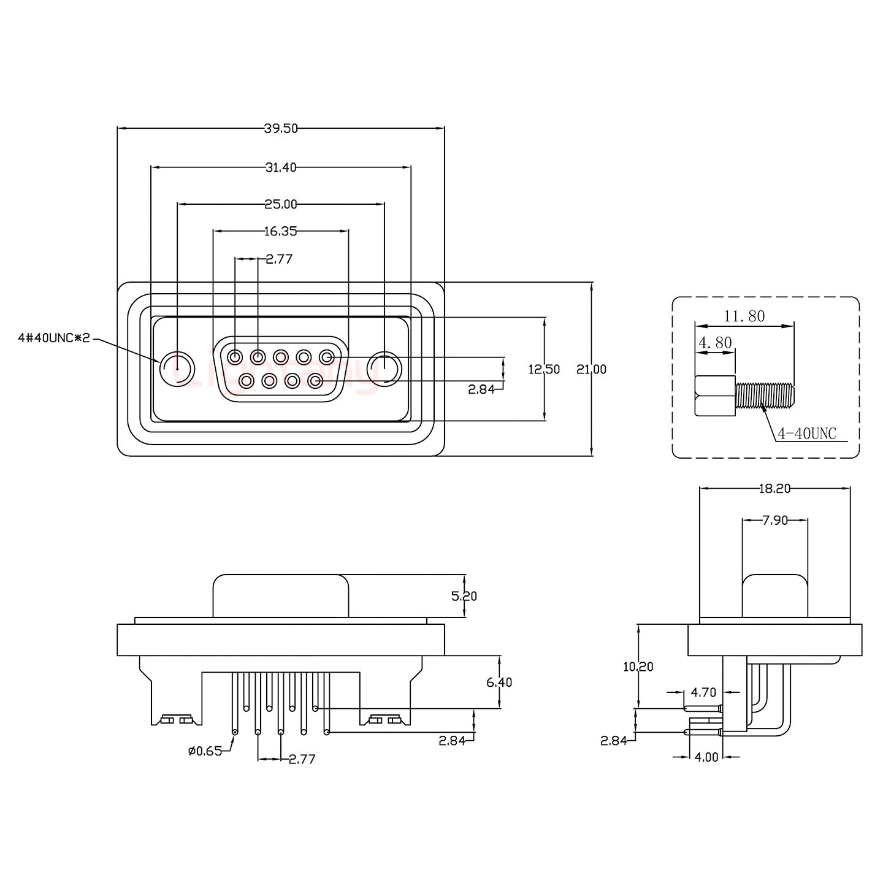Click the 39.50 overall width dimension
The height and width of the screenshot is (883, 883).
coord(281,128)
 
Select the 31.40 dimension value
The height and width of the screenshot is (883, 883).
coord(281,167)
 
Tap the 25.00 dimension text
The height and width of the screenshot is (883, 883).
coord(281,204)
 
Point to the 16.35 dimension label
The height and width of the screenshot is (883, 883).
coord(281,231)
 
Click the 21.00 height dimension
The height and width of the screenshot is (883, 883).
coord(592,369)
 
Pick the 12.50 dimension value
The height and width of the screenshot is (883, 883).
coord(545,369)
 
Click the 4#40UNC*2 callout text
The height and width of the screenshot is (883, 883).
coord(54,338)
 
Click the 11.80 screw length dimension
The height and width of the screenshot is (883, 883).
coord(744,316)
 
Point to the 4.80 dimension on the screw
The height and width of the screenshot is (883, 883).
coord(715,342)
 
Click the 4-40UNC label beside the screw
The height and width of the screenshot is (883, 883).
coord(807,434)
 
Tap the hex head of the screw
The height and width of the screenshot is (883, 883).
coord(715,396)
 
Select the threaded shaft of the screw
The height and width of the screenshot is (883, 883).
coord(764,396)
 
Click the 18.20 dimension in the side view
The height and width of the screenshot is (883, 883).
coord(775,488)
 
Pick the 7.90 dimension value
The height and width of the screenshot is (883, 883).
coord(775,521)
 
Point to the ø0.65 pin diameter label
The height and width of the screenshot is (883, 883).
coord(205,751)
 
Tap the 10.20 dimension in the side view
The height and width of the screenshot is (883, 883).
coord(638,667)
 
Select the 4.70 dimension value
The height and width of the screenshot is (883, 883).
coord(703,692)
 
